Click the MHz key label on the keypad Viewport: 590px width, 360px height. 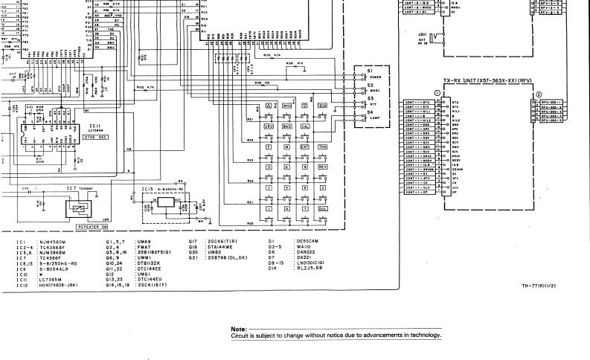(286, 106)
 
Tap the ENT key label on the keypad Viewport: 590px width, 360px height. (304, 148)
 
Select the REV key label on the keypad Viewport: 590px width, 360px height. (323, 168)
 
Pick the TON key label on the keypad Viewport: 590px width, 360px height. (323, 148)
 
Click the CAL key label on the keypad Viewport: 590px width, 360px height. (305, 127)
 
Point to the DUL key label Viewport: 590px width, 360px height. (323, 210)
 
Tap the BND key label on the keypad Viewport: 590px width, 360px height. (286, 127)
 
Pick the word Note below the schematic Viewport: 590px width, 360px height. (239, 329)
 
